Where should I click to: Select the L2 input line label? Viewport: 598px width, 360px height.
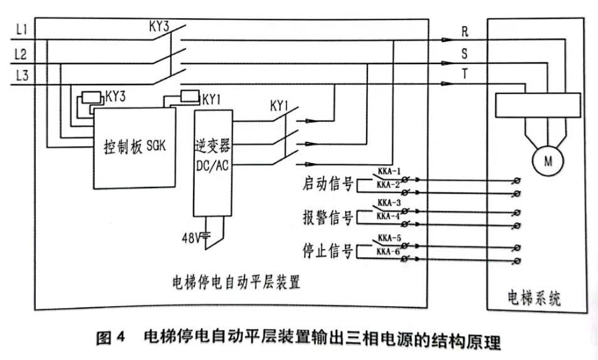(21, 53)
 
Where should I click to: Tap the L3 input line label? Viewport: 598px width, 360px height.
(21, 75)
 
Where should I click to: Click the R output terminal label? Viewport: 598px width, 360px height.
(464, 31)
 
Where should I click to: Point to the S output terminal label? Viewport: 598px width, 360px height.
(464, 54)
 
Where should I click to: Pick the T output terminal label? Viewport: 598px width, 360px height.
(464, 74)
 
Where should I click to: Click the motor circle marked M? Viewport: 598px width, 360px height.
(548, 161)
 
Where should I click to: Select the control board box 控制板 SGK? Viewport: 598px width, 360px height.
(134, 147)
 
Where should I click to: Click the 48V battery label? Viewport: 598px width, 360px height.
(193, 237)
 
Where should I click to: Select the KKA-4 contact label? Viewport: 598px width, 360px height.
(388, 216)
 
